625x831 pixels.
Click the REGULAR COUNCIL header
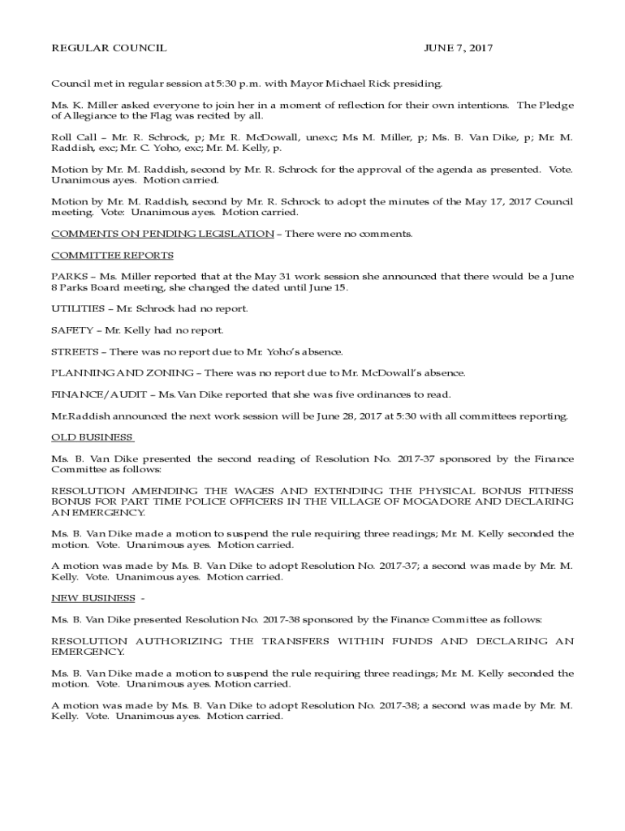tap(109, 49)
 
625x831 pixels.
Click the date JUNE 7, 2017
tap(458, 49)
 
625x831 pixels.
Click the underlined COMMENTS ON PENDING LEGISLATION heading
tap(162, 234)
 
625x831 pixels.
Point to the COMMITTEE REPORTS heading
tap(112, 256)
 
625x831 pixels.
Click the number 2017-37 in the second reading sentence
tap(416, 459)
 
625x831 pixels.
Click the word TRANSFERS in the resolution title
tap(298, 641)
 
